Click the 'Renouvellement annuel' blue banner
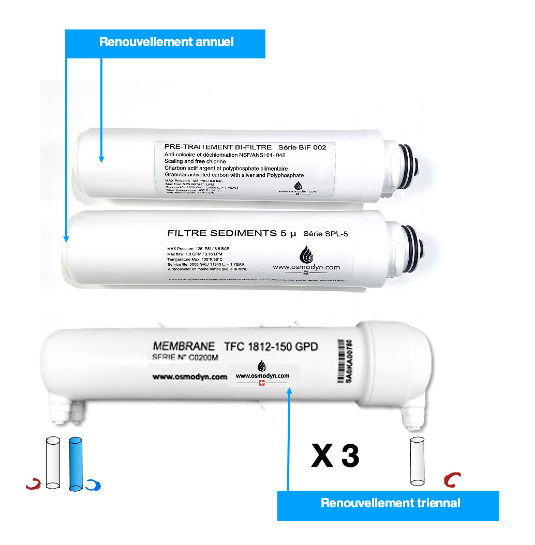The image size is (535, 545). pyautogui.click(x=165, y=43)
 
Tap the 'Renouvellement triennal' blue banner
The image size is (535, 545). pyautogui.click(x=388, y=504)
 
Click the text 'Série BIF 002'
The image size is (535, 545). pyautogui.click(x=302, y=147)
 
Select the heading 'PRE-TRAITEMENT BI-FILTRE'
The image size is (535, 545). pyautogui.click(x=217, y=147)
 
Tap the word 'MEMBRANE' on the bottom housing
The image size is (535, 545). pyautogui.click(x=183, y=346)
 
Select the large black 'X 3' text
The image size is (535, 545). pyautogui.click(x=335, y=456)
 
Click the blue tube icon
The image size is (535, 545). pyautogui.click(x=76, y=463)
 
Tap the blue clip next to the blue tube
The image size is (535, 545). pyautogui.click(x=94, y=485)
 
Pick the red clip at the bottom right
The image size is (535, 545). pyautogui.click(x=452, y=480)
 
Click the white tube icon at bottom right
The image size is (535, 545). pyautogui.click(x=418, y=462)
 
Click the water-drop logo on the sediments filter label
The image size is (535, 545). pyautogui.click(x=306, y=254)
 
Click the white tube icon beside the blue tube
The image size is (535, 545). pyautogui.click(x=53, y=462)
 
